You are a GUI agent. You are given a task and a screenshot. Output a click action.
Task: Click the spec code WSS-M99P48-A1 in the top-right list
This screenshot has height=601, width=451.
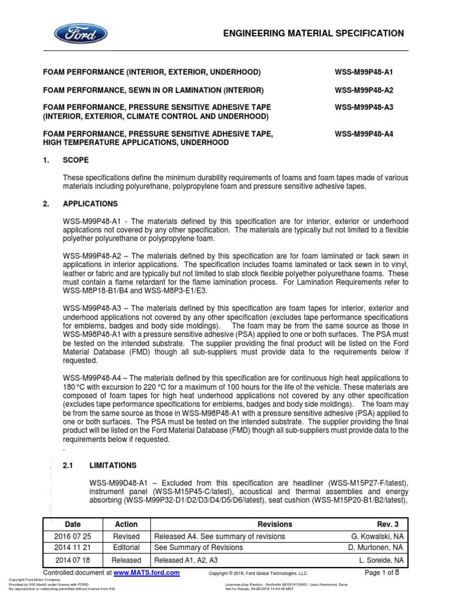(364, 72)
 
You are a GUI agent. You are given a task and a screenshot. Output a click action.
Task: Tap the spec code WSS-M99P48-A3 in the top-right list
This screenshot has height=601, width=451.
(364, 107)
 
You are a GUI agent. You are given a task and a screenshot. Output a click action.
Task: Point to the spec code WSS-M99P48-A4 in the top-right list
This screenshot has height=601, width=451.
(364, 134)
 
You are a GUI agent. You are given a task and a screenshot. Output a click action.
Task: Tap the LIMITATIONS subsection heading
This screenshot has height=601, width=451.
(113, 465)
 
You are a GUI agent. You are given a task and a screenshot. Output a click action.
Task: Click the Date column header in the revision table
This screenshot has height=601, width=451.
(73, 524)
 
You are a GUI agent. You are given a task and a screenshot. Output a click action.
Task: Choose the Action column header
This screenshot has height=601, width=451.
(126, 524)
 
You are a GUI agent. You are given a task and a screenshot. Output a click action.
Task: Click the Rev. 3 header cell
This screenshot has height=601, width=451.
(388, 524)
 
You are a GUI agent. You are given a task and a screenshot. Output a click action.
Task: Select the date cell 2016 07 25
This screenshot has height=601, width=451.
(73, 536)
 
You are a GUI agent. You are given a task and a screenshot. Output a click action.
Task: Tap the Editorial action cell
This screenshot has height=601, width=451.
(126, 548)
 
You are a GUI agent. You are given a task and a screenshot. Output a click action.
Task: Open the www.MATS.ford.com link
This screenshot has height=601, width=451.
(146, 572)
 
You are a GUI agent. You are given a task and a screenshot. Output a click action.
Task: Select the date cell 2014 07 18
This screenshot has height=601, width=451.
(73, 561)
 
